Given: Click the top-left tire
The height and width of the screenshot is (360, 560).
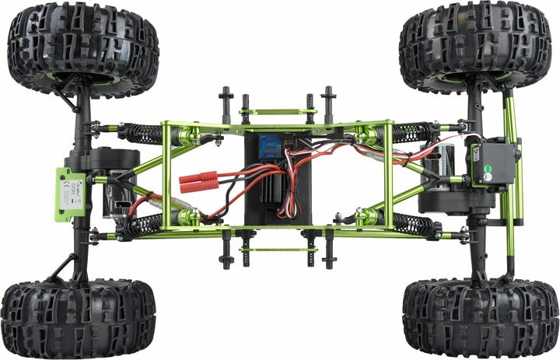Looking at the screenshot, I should click(x=82, y=47).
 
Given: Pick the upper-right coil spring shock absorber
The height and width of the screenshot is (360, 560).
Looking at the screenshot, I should click(x=413, y=131).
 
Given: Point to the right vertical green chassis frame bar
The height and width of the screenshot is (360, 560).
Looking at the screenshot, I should click(x=389, y=175).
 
